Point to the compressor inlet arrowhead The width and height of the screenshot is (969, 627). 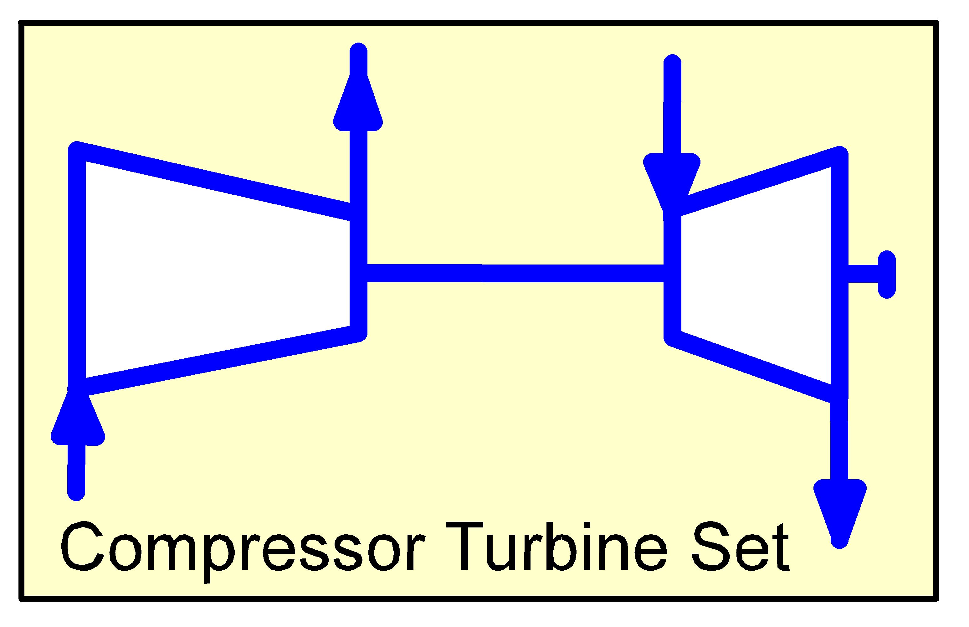coord(77,419)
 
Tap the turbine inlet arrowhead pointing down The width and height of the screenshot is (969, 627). coord(671,179)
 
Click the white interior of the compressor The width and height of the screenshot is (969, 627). coord(216,277)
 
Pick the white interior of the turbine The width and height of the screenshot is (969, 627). coord(753,277)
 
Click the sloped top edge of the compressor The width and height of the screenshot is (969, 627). coord(216,182)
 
